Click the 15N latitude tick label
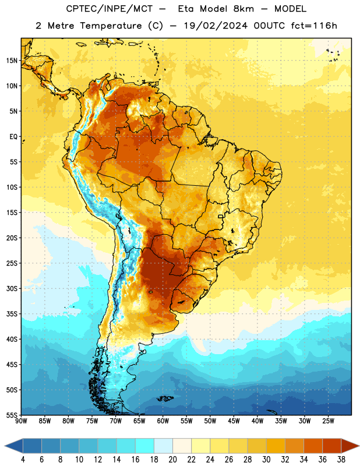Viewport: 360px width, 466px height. click(12, 61)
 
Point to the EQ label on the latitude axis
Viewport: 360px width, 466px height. click(13, 137)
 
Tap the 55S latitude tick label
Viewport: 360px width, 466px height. click(12, 415)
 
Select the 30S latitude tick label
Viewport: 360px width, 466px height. click(12, 288)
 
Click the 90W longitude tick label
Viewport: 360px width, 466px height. click(21, 421)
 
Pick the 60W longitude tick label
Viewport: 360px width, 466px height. click(163, 421)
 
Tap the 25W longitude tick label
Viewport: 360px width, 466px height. click(328, 421)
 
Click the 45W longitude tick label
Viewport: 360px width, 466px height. click(234, 421)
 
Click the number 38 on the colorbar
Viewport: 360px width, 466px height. click(341, 460)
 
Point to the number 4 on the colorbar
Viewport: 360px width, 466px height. click(23, 460)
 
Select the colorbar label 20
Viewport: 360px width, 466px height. click(172, 460)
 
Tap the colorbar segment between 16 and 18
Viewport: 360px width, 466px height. click(145, 446)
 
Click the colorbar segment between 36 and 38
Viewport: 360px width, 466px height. click(332, 446)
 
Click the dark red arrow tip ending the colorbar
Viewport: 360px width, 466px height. click(350, 446)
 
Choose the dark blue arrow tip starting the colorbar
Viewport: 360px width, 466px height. click(13, 446)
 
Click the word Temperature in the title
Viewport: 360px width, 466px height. click(111, 26)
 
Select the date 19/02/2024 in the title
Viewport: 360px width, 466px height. click(216, 26)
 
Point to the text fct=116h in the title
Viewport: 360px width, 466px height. click(314, 26)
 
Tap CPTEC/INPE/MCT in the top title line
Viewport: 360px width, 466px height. click(109, 9)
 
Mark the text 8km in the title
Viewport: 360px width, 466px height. click(243, 9)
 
